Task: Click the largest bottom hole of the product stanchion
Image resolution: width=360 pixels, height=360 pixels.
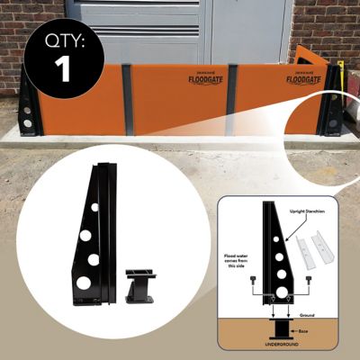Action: (x=84, y=282)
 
